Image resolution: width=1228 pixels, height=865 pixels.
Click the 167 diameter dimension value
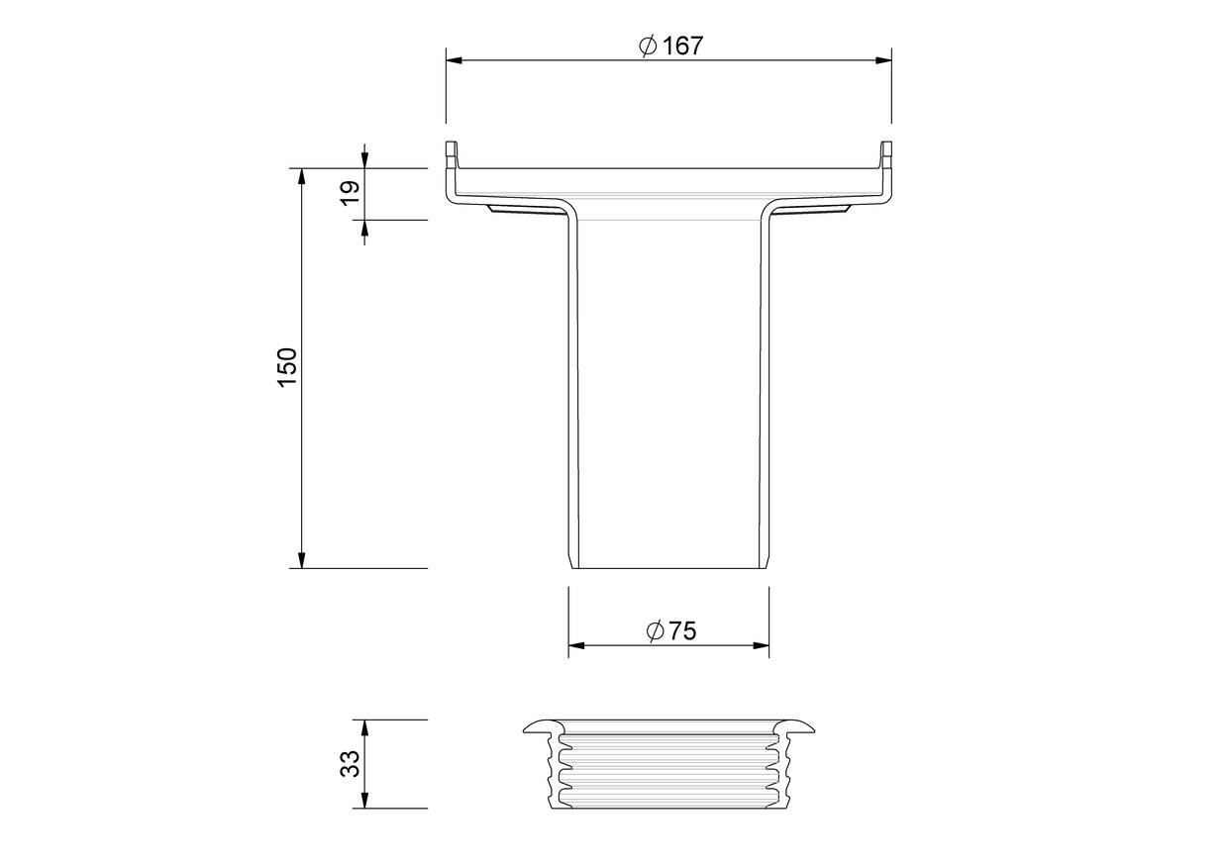click(682, 46)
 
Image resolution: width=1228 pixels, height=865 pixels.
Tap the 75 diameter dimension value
click(682, 631)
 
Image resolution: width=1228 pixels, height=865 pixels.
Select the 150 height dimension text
click(287, 367)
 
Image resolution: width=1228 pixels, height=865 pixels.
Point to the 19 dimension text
click(350, 193)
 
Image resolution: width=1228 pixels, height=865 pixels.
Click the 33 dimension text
click(350, 764)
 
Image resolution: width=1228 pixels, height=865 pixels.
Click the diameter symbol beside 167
click(648, 46)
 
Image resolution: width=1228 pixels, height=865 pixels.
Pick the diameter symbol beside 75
click(656, 631)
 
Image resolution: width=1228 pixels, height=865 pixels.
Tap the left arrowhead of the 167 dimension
click(454, 60)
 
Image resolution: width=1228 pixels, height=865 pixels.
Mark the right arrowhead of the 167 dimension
click(883, 60)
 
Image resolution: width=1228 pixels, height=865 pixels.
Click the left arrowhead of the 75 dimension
click(576, 646)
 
